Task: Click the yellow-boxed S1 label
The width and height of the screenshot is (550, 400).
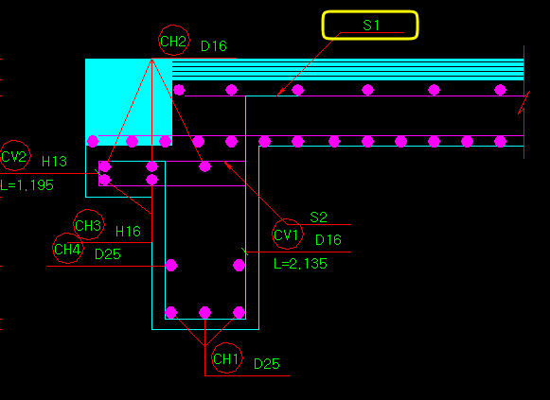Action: pos(370,26)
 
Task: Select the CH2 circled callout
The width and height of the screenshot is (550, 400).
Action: pos(173,41)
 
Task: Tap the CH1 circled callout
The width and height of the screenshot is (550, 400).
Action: pos(226,358)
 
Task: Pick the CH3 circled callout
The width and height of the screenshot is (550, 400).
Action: pos(88,224)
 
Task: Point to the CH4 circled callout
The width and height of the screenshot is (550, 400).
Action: pos(68,249)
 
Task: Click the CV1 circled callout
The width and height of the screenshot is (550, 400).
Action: pos(287,234)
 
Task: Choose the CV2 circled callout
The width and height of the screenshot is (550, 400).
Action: pos(14,155)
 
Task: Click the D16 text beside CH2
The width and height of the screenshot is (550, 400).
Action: pos(214,46)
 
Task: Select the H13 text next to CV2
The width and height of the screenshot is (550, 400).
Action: pos(54,162)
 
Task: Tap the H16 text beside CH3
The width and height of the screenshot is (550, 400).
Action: pos(128,231)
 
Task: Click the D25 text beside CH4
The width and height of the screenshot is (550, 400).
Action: pos(108,254)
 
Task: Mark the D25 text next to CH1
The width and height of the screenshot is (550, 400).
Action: pos(267,364)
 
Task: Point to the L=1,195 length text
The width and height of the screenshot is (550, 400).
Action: pos(27,185)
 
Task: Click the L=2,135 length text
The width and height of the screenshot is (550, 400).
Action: pos(300,264)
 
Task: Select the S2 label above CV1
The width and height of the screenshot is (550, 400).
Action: pos(318,217)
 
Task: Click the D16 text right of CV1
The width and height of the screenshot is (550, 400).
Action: pos(328,240)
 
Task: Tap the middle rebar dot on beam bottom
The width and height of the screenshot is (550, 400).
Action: pos(204,312)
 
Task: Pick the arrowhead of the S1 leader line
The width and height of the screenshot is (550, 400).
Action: pos(280,93)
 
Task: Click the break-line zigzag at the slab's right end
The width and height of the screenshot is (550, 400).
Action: pos(524,102)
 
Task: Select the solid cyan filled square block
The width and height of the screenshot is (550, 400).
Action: pos(129,102)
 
